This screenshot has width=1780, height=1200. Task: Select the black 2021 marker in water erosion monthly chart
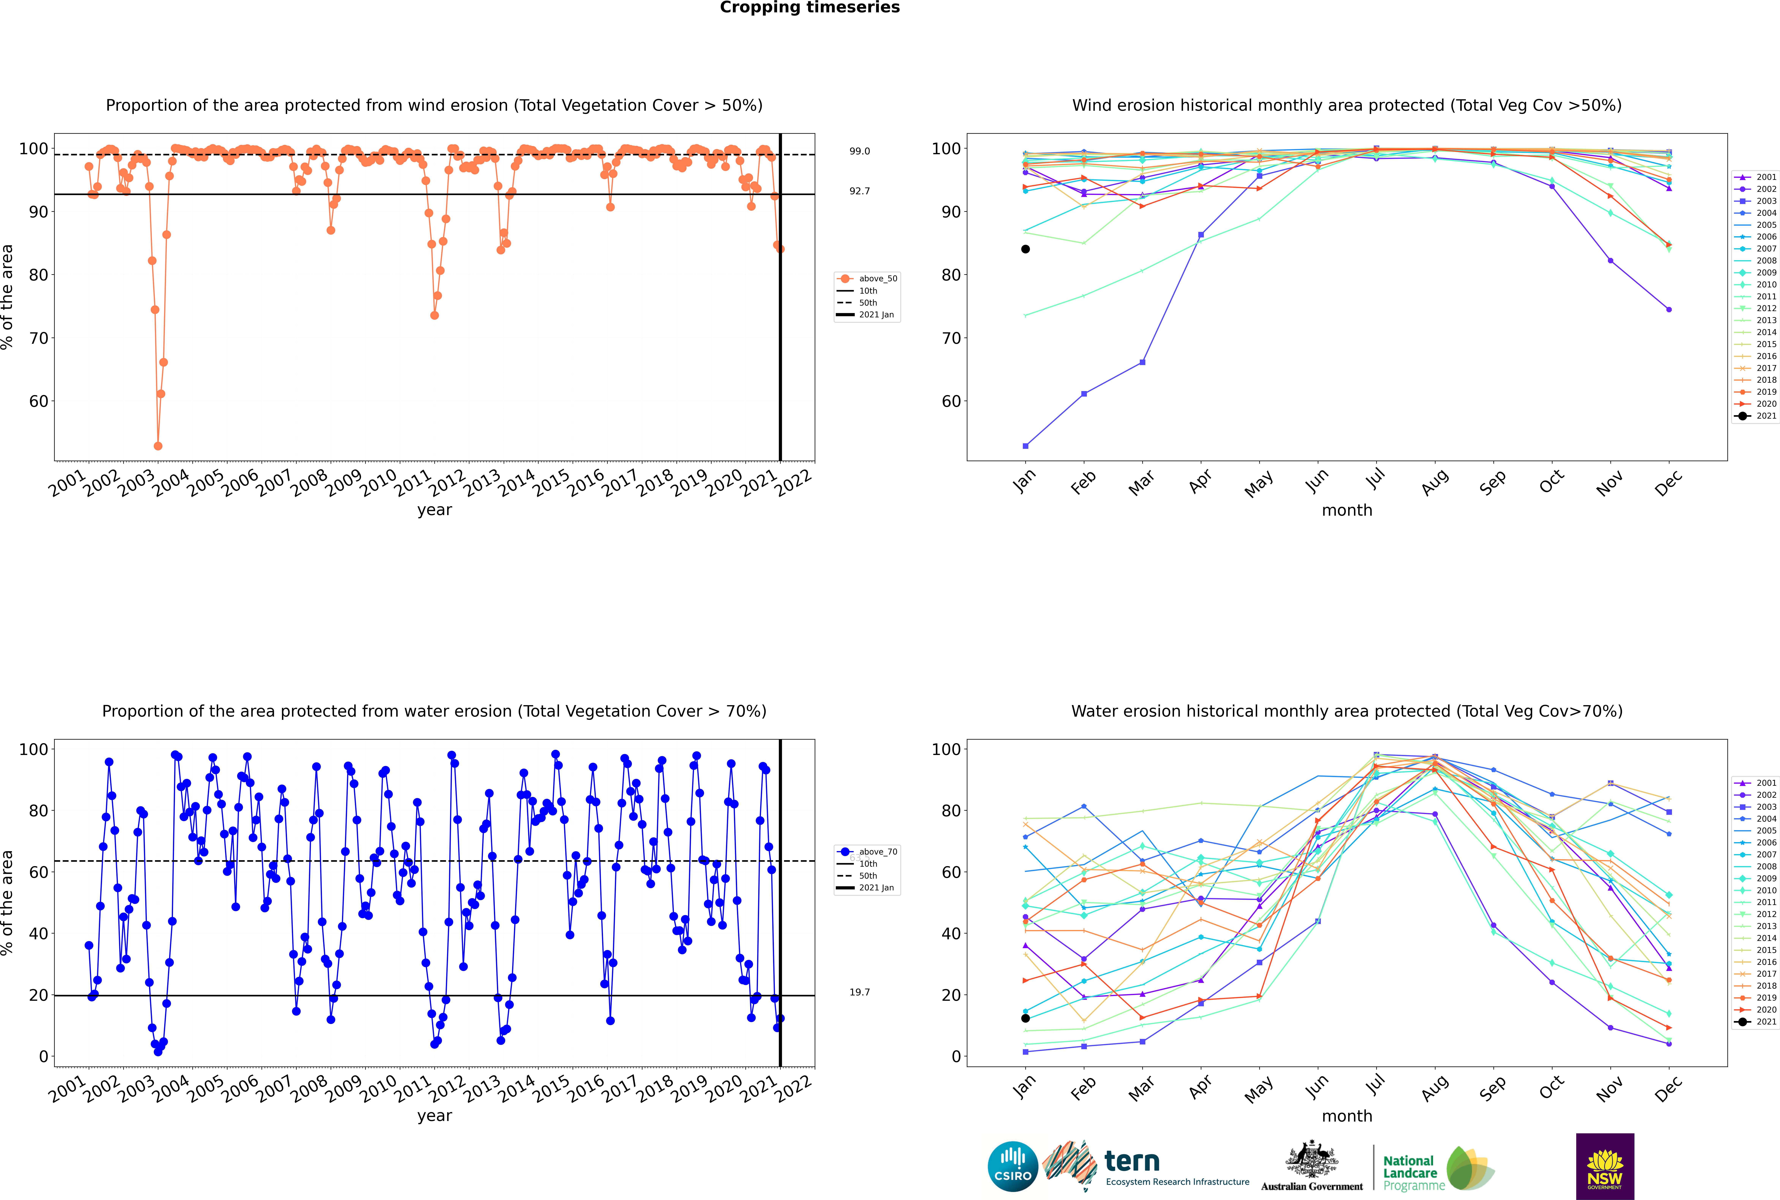point(1025,1018)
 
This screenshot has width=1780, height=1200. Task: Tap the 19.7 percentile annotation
point(859,992)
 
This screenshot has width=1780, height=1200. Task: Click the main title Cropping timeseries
point(810,8)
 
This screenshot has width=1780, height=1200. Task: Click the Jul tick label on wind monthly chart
point(1375,480)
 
